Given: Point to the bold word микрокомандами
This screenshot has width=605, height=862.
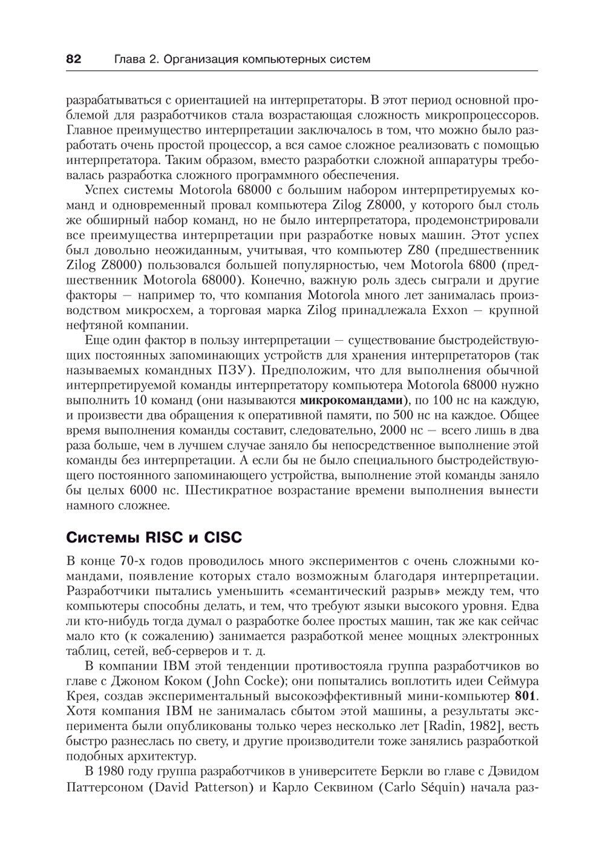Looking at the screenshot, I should coord(352,401).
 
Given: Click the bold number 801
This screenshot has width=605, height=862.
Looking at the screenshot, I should coord(526,694).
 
